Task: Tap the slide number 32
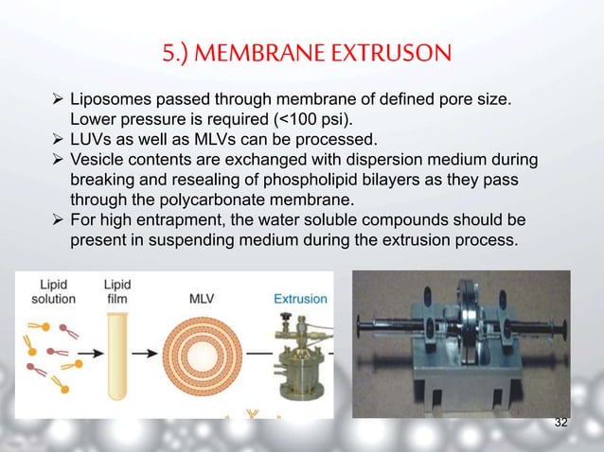(560, 422)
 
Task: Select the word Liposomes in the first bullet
(110, 99)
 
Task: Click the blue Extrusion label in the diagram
(300, 299)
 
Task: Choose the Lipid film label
(116, 291)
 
